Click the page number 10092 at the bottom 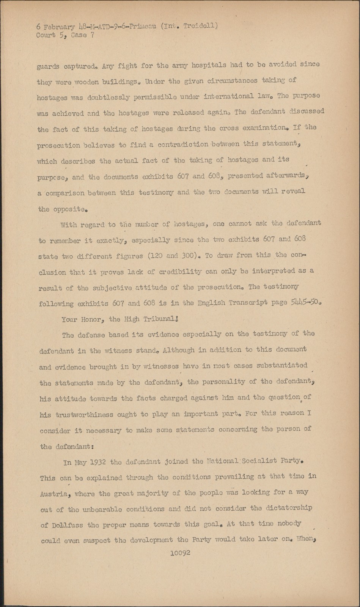(x=180, y=553)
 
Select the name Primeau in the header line (x=140, y=27)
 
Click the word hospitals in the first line (x=209, y=65)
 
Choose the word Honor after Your (x=91, y=319)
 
